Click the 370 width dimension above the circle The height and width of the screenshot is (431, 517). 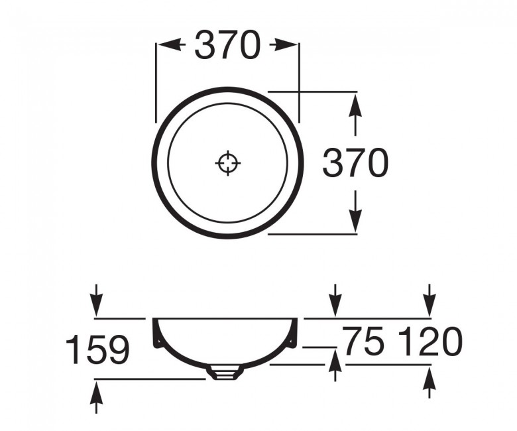click(x=227, y=46)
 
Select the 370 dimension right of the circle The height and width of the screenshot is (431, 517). click(x=355, y=163)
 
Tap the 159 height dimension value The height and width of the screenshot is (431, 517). click(x=97, y=349)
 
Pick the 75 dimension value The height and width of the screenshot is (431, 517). click(x=363, y=343)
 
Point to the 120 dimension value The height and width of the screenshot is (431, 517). click(x=430, y=343)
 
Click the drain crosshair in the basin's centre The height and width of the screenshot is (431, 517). click(x=228, y=162)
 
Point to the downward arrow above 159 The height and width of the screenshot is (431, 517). click(x=97, y=302)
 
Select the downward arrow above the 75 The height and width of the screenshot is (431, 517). click(x=335, y=302)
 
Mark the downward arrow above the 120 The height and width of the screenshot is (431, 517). click(x=430, y=302)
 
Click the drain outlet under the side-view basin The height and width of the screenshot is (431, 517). click(x=224, y=373)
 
